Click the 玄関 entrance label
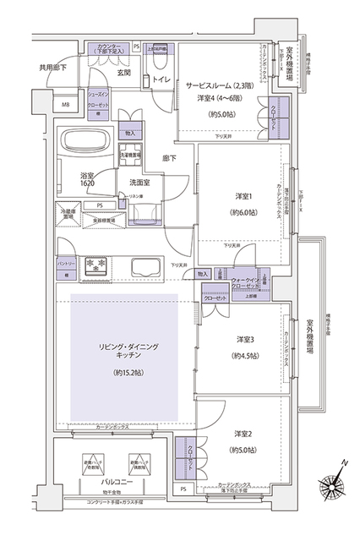[x=123, y=73]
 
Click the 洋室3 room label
[x=245, y=340]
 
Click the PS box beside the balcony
[x=183, y=490]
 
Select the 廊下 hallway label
[x=168, y=158]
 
